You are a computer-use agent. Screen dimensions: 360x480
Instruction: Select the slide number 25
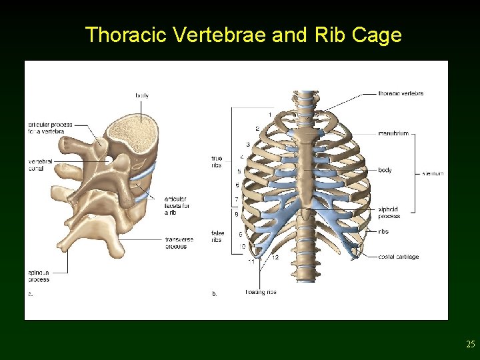(471, 345)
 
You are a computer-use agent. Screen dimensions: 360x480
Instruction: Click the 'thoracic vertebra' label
(401, 94)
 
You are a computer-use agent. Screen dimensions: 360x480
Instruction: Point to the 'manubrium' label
(393, 134)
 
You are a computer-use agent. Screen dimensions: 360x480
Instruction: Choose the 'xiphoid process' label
(389, 213)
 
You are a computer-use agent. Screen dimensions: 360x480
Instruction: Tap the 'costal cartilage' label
(398, 257)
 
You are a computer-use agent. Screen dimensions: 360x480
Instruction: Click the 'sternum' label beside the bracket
(433, 174)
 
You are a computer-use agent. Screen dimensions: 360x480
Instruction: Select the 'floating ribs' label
(261, 292)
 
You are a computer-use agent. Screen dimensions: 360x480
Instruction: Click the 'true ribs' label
(217, 162)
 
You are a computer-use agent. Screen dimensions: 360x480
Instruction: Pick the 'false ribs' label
(217, 237)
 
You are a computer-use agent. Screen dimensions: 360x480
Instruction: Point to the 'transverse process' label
(179, 243)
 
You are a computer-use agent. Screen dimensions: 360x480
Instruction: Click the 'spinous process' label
(38, 276)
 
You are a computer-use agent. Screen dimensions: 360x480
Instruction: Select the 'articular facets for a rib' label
(177, 205)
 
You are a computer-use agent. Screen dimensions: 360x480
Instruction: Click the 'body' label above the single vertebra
(142, 95)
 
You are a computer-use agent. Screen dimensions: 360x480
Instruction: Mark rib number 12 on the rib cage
(275, 257)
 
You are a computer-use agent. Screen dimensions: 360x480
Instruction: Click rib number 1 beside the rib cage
(270, 115)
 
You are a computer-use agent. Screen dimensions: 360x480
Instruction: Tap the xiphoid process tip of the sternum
(306, 215)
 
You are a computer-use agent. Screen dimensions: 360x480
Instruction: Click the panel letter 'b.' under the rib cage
(215, 293)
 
